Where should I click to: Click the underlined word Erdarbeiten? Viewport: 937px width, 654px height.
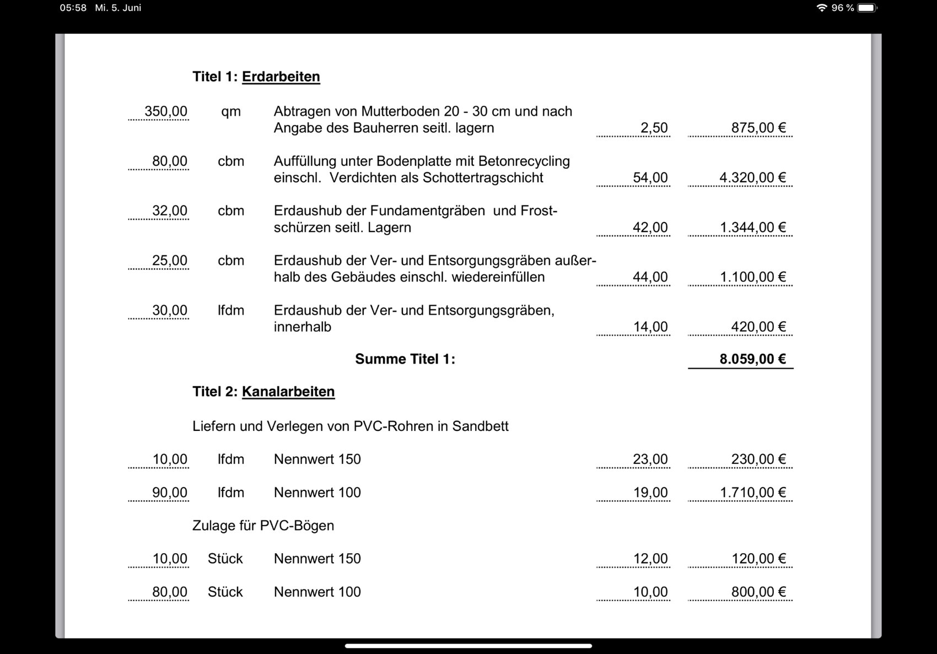tap(281, 77)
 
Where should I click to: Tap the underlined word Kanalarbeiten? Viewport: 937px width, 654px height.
tap(288, 392)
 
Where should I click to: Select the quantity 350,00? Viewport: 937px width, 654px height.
tap(165, 111)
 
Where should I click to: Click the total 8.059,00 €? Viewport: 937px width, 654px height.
tap(752, 359)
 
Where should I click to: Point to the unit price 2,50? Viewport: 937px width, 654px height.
tap(654, 128)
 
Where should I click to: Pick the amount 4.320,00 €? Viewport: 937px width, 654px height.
tap(752, 177)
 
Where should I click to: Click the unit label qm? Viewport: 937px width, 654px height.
tap(231, 111)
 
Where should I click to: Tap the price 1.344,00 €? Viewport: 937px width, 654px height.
tap(752, 227)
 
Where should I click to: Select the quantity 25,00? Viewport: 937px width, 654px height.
tap(169, 260)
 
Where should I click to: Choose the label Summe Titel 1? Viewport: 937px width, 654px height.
tap(405, 359)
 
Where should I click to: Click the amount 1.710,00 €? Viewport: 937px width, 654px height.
tap(752, 493)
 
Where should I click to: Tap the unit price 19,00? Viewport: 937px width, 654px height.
tap(650, 493)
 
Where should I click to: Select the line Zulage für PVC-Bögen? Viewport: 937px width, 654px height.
tap(263, 526)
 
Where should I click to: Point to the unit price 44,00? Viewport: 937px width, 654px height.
tap(650, 277)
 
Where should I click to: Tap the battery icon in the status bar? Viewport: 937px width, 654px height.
tap(866, 8)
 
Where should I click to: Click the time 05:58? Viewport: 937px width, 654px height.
tap(73, 8)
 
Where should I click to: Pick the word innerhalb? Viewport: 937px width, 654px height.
tap(302, 327)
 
